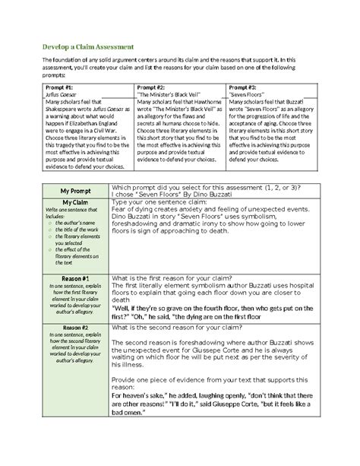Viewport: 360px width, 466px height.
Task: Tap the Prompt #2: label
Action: coord(150,87)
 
